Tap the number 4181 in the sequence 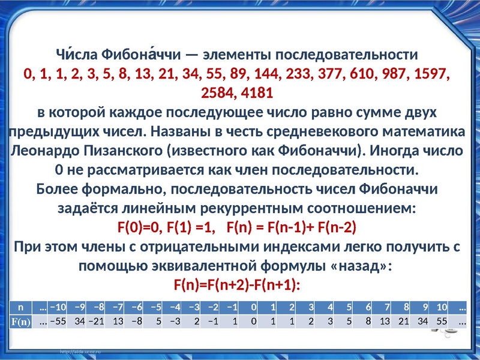[x=257, y=93]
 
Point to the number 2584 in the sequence [x=217, y=93]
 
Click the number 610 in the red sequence [x=362, y=74]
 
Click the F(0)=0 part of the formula [x=139, y=227]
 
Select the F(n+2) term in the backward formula [x=227, y=285]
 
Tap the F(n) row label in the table [x=20, y=322]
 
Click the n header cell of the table [x=20, y=307]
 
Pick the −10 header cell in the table [x=58, y=307]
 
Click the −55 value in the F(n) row [x=58, y=321]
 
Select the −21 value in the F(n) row [x=96, y=321]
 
